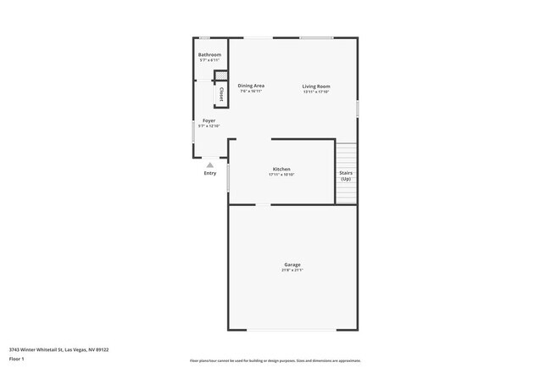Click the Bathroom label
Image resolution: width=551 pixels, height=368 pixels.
(209, 55)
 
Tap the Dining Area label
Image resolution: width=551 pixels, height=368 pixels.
(251, 86)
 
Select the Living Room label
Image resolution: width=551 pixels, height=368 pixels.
(316, 86)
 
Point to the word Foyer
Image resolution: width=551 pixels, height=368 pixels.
(209, 120)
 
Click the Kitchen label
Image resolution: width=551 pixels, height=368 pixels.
(281, 169)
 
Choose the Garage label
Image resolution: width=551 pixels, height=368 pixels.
(292, 265)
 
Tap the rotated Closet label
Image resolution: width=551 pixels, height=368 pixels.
(221, 94)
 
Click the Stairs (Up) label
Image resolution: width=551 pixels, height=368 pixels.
(346, 176)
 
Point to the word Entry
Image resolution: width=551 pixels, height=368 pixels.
(210, 173)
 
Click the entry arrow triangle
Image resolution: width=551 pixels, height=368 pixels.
(210, 164)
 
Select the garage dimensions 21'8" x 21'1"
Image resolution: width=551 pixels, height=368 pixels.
(292, 270)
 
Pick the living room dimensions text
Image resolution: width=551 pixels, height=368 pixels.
(316, 92)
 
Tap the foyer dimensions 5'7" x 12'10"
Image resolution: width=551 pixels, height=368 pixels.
(208, 126)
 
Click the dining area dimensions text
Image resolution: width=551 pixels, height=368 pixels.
(251, 91)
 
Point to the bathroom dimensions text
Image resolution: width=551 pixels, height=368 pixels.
(209, 61)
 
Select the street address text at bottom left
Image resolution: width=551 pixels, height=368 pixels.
(58, 348)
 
